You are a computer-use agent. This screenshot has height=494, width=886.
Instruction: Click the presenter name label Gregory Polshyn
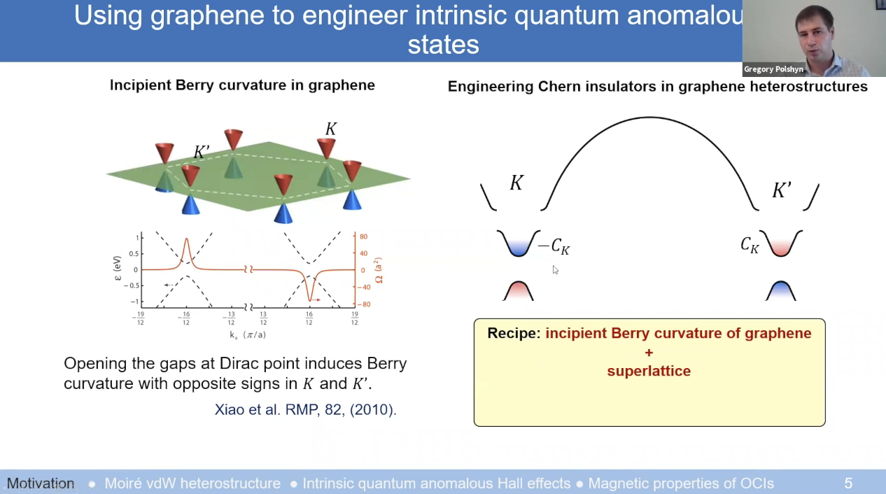(x=773, y=69)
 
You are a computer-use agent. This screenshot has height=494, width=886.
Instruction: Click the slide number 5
(x=848, y=484)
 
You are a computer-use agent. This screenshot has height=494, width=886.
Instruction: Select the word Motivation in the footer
(x=41, y=484)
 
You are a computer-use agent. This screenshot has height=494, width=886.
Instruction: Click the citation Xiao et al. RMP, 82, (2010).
(x=305, y=410)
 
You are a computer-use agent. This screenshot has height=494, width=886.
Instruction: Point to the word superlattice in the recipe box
(x=649, y=371)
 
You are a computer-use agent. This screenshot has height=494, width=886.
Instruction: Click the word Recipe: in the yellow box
(x=514, y=333)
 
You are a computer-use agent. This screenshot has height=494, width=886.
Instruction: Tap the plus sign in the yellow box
(x=649, y=352)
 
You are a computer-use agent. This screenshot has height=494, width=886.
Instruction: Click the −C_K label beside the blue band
(x=554, y=246)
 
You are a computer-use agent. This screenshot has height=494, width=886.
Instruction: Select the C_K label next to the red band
(x=750, y=245)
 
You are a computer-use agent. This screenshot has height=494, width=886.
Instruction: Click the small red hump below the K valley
(x=519, y=291)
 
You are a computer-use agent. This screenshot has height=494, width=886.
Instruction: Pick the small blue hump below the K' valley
(x=780, y=291)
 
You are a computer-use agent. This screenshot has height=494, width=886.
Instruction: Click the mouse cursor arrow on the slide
(x=555, y=269)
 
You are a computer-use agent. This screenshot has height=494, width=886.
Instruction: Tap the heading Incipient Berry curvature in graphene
(x=242, y=85)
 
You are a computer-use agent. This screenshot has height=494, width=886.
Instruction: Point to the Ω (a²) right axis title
(x=379, y=270)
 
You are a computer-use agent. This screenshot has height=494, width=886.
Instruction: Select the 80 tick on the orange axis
(x=363, y=237)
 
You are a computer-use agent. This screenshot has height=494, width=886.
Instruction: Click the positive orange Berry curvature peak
(x=186, y=248)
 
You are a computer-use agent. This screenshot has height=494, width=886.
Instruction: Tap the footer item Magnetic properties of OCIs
(x=681, y=484)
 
